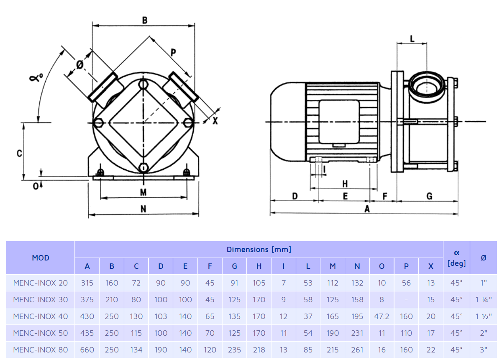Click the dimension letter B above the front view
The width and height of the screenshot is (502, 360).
point(144,20)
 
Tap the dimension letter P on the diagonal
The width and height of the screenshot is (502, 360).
point(173,52)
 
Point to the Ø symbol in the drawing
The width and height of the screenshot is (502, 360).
point(80,64)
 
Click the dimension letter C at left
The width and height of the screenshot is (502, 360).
point(19,153)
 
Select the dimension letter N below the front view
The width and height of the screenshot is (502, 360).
point(143,209)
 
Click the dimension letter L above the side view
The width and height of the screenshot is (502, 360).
point(412,39)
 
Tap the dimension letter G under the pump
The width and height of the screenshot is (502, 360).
point(429,196)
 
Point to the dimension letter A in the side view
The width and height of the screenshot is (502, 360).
point(367,209)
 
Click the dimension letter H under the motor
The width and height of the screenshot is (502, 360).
point(345,184)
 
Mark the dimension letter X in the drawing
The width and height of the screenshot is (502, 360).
point(215,121)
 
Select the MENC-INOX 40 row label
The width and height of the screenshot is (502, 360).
point(40,317)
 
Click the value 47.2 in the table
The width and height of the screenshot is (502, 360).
point(382,317)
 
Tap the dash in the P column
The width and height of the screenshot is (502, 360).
point(406,300)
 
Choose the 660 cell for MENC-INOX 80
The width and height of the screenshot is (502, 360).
point(87,350)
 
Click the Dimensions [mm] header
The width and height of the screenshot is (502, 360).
point(259,250)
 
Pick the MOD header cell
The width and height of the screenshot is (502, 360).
point(40,258)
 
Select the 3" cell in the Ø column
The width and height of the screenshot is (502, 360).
point(484,350)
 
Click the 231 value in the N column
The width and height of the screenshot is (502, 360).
point(357,333)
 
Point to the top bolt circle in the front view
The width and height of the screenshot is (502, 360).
point(143,85)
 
